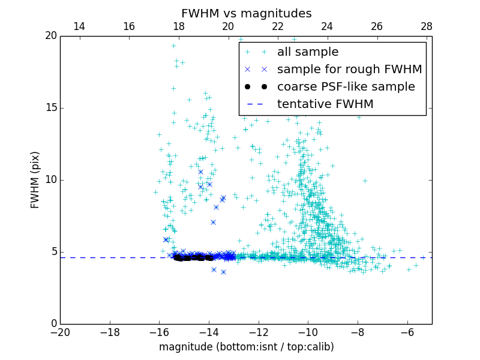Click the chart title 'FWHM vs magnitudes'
tap(246, 13)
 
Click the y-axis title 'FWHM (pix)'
tap(35, 180)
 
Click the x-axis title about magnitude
tap(246, 347)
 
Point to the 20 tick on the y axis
tap(52, 36)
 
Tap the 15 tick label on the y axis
tap(52, 108)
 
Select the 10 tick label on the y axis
tap(52, 180)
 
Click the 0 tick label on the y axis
tap(54, 324)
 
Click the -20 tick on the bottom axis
tap(60, 332)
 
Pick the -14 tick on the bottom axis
tap(209, 332)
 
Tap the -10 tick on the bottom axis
tap(308, 332)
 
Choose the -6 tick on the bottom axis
tap(407, 332)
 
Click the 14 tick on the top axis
tap(79, 26)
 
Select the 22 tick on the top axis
tap(277, 26)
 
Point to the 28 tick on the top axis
tap(427, 26)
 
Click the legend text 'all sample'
tap(308, 52)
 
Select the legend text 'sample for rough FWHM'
tap(349, 70)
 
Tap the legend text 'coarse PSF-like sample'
tap(346, 87)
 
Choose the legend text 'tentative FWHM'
tap(325, 104)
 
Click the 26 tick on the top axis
tap(377, 26)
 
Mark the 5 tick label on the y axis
tap(54, 252)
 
